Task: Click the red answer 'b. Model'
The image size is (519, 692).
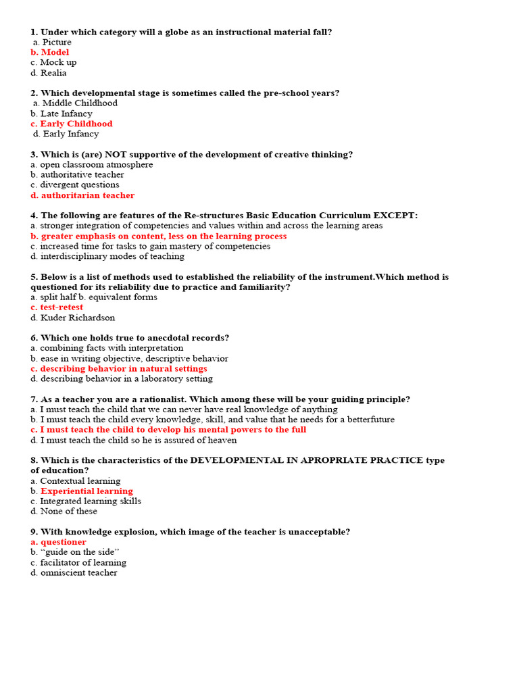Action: pos(49,52)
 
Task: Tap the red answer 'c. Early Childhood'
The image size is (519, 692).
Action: pos(71,124)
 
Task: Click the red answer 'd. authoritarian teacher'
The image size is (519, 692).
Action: pos(82,195)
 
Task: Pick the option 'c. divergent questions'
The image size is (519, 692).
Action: pos(74,185)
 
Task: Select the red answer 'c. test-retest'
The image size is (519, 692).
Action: pos(57,307)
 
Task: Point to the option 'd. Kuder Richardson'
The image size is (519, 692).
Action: pos(72,318)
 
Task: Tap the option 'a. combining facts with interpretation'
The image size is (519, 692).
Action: pos(107,348)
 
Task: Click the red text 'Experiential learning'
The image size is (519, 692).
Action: pos(86,491)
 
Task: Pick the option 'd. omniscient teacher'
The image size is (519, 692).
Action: pos(74,573)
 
